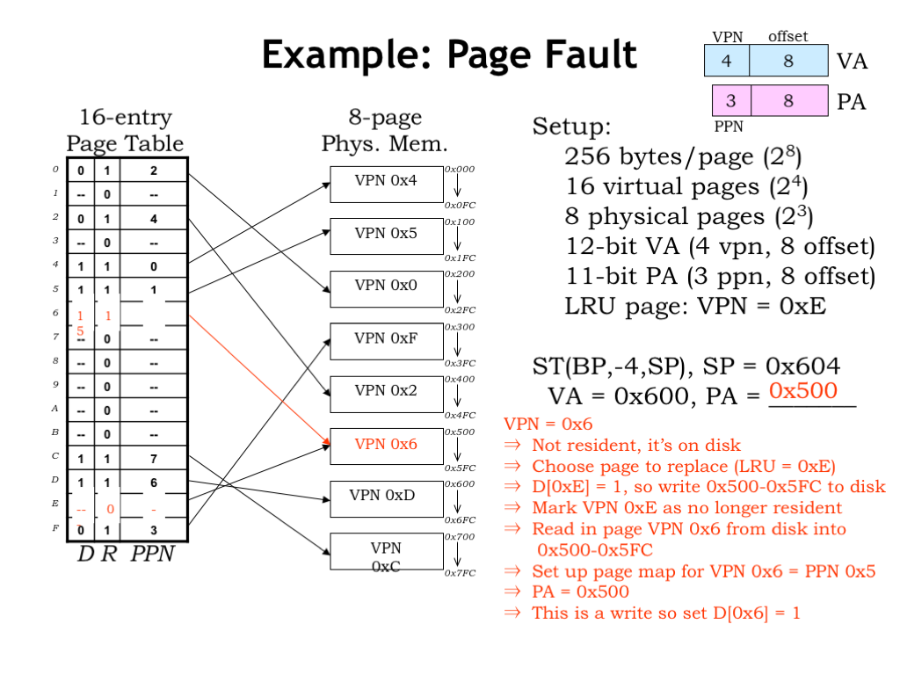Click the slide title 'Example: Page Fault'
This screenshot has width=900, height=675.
pyautogui.click(x=449, y=54)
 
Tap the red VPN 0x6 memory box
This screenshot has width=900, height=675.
pyautogui.click(x=386, y=445)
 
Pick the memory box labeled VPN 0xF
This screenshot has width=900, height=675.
pyautogui.click(x=386, y=339)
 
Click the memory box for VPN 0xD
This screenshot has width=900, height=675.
pyautogui.click(x=386, y=497)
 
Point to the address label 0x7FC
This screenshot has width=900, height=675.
pyautogui.click(x=459, y=573)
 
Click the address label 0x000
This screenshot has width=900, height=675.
pyautogui.click(x=459, y=169)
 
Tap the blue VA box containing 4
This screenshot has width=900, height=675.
pyautogui.click(x=726, y=61)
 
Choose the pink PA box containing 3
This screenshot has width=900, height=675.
pyautogui.click(x=730, y=101)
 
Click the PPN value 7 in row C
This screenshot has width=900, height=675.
pyautogui.click(x=154, y=459)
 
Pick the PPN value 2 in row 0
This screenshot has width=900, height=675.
pyautogui.click(x=154, y=171)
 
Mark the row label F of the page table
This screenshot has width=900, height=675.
pyautogui.click(x=54, y=528)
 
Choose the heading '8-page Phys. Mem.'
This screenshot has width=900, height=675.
pyautogui.click(x=385, y=130)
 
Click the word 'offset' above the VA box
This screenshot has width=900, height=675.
pyautogui.click(x=787, y=37)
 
